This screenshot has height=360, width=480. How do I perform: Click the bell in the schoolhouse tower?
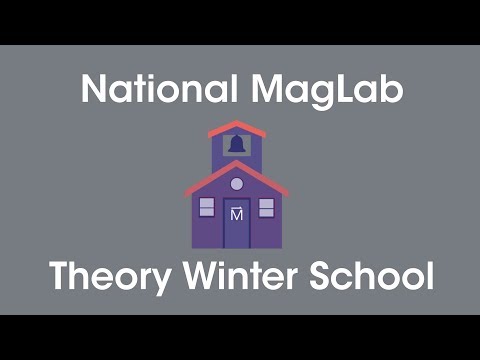(x=237, y=145)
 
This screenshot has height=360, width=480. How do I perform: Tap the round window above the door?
(x=237, y=183)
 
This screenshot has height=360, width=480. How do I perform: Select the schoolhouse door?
(x=237, y=222)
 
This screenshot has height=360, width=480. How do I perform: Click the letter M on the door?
(x=237, y=213)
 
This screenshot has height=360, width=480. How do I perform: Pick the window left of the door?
(x=207, y=207)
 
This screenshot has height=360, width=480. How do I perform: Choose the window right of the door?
(x=266, y=207)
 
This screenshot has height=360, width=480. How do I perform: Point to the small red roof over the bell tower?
(x=237, y=127)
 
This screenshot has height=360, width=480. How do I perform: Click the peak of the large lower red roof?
(x=237, y=164)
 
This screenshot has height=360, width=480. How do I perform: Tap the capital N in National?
(x=93, y=91)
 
